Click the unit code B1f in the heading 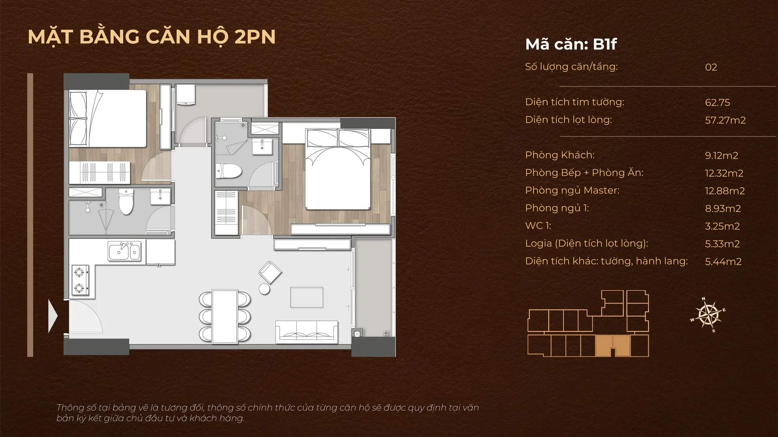[x=605, y=44]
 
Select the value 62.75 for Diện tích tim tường [x=717, y=103]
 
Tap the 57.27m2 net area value [x=725, y=120]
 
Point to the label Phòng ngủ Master [x=572, y=190]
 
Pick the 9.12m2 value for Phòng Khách [x=722, y=155]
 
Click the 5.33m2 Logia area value [x=722, y=244]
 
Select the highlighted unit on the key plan [x=613, y=346]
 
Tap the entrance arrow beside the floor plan [x=53, y=316]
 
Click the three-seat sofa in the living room [x=307, y=332]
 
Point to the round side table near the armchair [x=265, y=289]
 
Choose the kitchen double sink [x=124, y=251]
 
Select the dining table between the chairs [x=225, y=316]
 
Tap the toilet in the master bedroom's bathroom [x=229, y=171]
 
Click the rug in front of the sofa [x=307, y=297]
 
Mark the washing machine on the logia [x=185, y=94]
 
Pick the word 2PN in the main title [x=255, y=37]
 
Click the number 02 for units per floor [x=711, y=67]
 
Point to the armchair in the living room [x=270, y=272]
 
